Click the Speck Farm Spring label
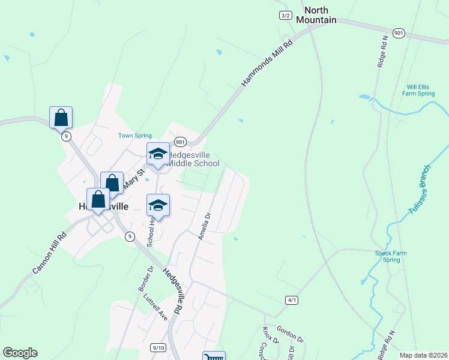[x=391, y=256]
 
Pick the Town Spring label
[x=134, y=136]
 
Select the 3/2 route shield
[x=286, y=15]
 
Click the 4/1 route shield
[x=292, y=299]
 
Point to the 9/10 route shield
[x=158, y=347]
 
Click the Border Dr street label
[x=146, y=279]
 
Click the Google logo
[x=20, y=353]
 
